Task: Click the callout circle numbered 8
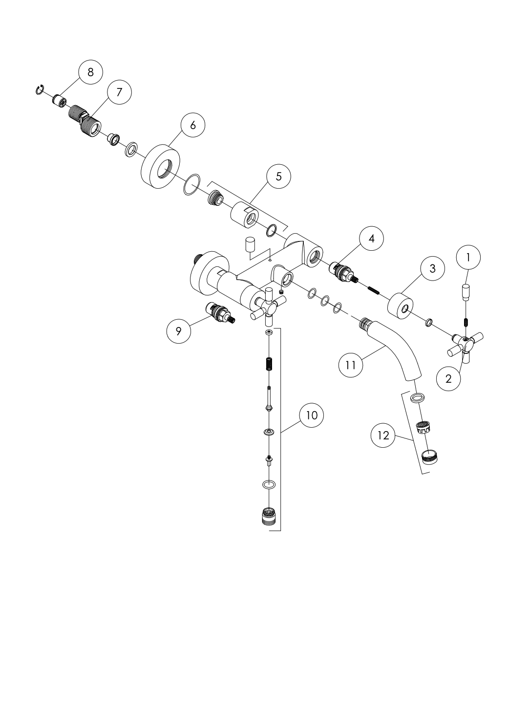point(91,72)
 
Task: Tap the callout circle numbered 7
point(119,92)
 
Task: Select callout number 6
point(193,125)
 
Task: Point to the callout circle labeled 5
point(279,176)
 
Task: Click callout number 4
point(371,239)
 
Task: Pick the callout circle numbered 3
point(433,268)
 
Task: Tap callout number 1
point(468,258)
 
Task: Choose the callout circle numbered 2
point(449,379)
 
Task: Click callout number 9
point(179,331)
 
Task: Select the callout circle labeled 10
point(312,415)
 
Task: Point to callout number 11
point(351,365)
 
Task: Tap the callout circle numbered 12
point(383,435)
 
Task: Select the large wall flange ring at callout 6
point(165,168)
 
